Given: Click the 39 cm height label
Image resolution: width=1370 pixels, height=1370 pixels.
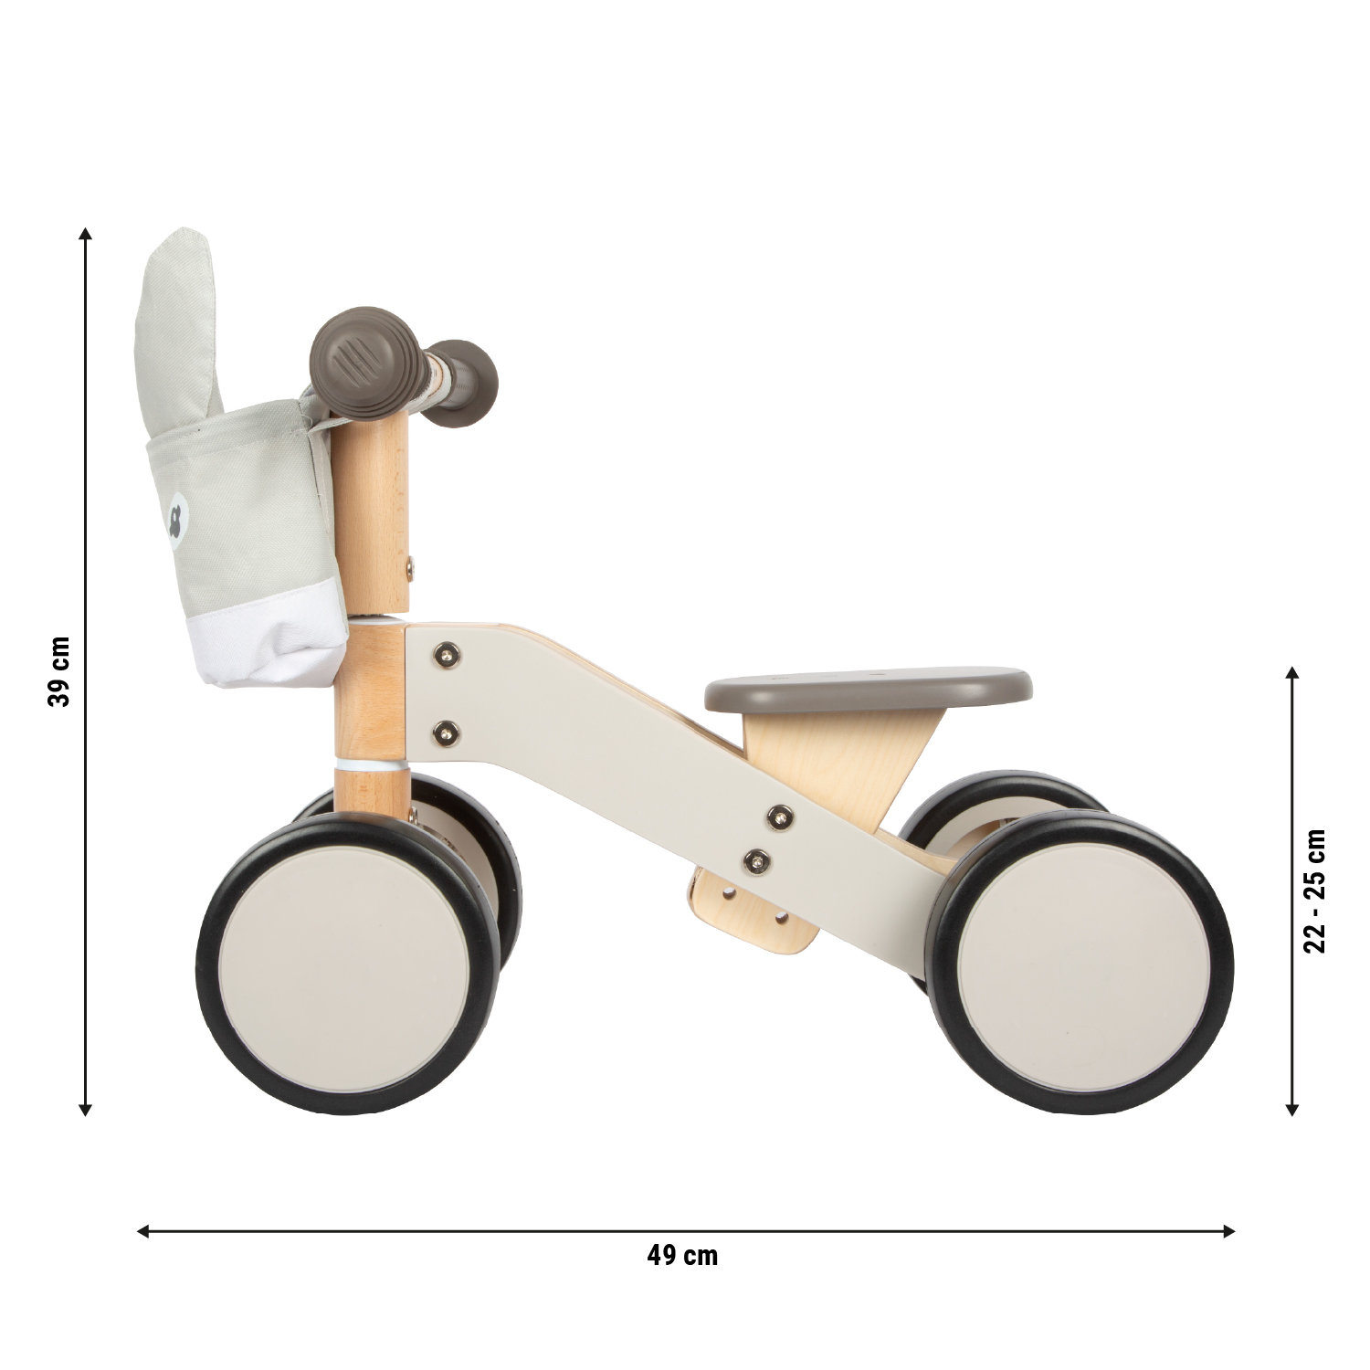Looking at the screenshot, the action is click(59, 671).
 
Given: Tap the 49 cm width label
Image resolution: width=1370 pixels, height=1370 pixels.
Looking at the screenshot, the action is click(682, 1256).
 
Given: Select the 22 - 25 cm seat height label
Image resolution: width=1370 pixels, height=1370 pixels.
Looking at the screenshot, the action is click(1314, 890).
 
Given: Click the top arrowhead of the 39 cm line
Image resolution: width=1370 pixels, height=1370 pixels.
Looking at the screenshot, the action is click(86, 233).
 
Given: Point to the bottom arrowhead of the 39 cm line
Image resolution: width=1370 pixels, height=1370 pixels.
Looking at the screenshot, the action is click(86, 1109).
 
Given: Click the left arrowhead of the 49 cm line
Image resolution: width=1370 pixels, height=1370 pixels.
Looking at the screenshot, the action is click(143, 1231).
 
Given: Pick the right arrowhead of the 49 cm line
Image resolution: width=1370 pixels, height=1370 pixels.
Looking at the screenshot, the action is click(1228, 1231).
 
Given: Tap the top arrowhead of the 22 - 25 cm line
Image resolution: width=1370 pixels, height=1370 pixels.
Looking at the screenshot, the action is click(1291, 673).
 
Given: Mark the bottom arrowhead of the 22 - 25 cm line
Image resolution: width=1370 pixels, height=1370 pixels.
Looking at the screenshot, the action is click(1291, 1109).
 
